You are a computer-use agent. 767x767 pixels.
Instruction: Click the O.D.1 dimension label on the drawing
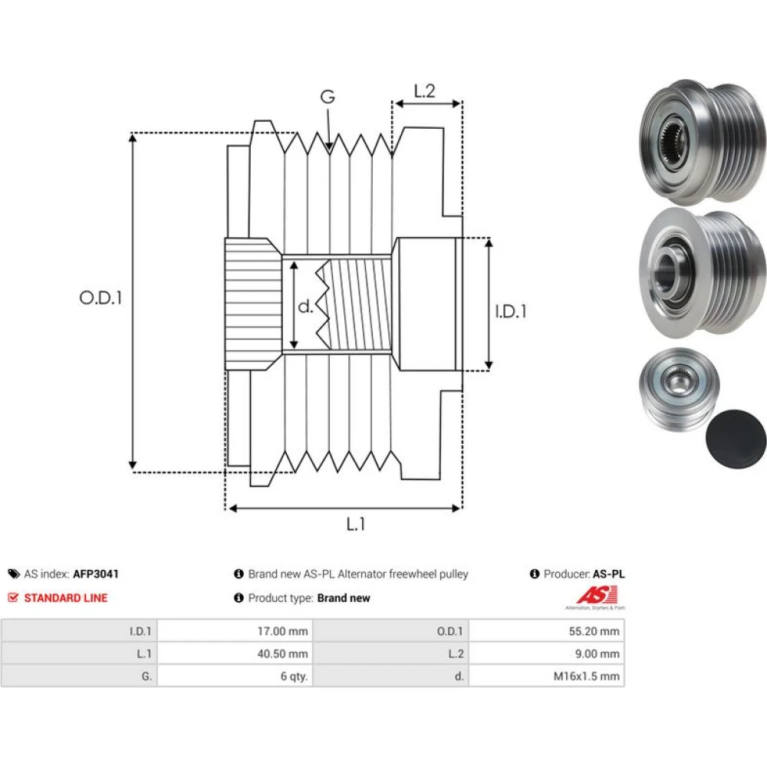click(x=100, y=298)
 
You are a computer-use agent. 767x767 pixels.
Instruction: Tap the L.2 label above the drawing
click(x=424, y=91)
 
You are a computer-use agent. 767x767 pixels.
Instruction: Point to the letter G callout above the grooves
click(x=328, y=97)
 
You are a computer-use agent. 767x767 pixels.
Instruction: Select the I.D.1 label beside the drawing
click(x=511, y=311)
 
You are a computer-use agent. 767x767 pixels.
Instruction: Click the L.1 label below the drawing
click(x=356, y=525)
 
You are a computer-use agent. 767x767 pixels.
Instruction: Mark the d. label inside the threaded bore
click(x=305, y=306)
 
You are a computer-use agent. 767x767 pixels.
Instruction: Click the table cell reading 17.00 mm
click(x=235, y=631)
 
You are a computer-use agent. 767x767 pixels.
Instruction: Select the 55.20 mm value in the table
click(x=546, y=631)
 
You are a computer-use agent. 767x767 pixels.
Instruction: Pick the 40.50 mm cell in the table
click(x=235, y=653)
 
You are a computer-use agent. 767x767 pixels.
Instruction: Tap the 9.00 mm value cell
click(x=546, y=653)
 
